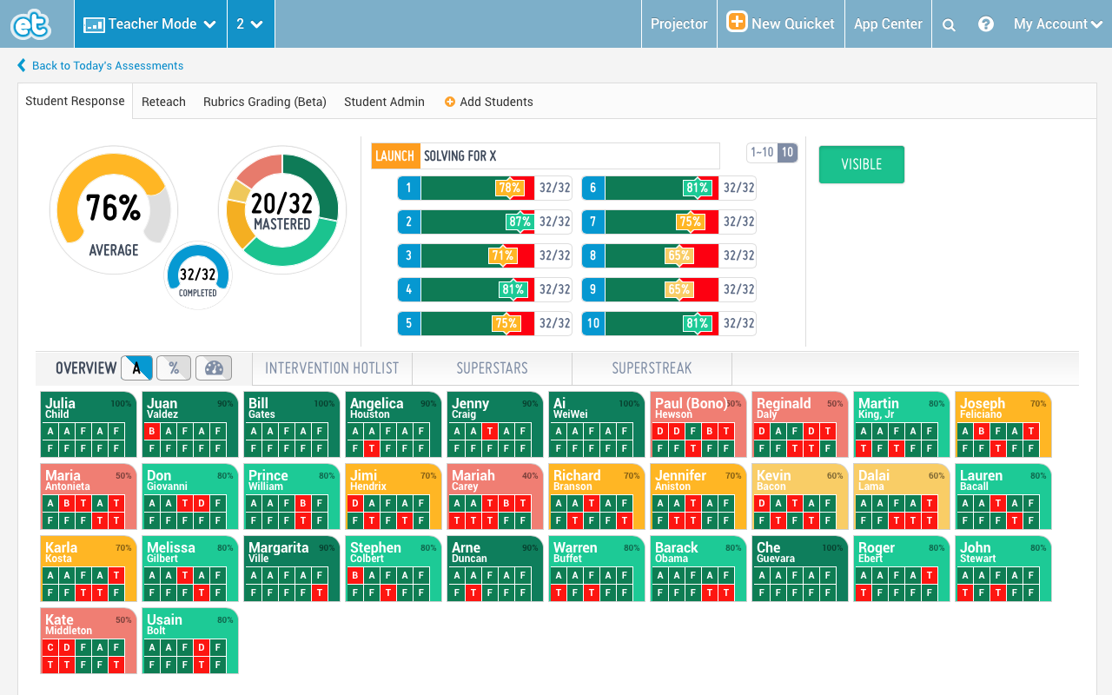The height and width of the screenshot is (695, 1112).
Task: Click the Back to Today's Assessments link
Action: (x=107, y=66)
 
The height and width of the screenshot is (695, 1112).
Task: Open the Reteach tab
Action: (x=163, y=102)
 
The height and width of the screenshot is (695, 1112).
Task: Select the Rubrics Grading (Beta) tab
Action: (x=265, y=102)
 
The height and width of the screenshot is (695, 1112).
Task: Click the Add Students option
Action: (x=488, y=102)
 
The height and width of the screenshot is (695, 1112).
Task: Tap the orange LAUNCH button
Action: (x=395, y=156)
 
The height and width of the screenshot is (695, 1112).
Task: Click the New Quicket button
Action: (x=781, y=23)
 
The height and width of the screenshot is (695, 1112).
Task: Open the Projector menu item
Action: (x=678, y=23)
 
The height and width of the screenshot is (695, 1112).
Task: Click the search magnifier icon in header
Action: (x=949, y=24)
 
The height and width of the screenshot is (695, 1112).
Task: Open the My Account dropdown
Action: (x=1057, y=23)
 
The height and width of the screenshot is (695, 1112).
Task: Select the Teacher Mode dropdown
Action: (x=150, y=23)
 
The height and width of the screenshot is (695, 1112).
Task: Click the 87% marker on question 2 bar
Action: (x=520, y=222)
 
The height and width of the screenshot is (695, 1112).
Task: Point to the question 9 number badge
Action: (x=592, y=289)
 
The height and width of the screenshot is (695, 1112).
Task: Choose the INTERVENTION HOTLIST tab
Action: (x=332, y=368)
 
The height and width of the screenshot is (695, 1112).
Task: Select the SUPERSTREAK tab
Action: (x=652, y=368)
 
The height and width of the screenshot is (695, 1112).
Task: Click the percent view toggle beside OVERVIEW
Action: (x=174, y=368)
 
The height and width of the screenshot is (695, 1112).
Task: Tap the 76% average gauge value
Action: (x=113, y=208)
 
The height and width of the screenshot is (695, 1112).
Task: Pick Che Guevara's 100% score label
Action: (x=831, y=548)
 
